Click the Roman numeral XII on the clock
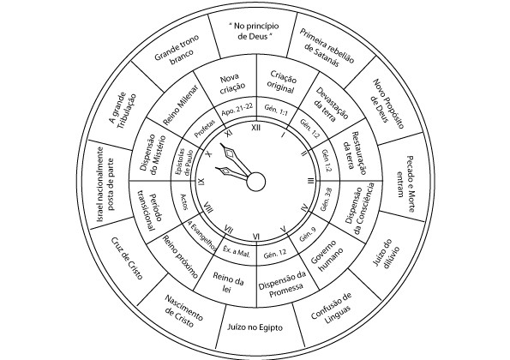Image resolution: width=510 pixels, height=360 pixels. coord(256,128)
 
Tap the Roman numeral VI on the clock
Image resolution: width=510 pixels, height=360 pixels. coord(256,237)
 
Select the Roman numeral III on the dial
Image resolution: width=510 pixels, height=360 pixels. coord(311,181)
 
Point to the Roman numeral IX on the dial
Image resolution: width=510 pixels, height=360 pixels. coord(201,182)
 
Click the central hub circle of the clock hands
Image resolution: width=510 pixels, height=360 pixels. coord(256,182)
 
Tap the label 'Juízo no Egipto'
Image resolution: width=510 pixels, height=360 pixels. coord(255,327)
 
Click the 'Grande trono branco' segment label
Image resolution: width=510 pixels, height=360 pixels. coord(177,50)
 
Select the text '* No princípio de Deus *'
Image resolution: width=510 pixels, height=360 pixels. coord(255,31)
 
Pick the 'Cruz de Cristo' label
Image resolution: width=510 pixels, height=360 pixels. coord(127,259)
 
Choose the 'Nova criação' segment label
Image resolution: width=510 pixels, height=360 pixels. coord(232,84)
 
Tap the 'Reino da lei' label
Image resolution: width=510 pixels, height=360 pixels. coord(228,282)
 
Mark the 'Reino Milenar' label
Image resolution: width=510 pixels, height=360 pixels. coord(180,105)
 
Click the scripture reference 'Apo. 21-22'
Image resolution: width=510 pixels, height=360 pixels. coord(237,110)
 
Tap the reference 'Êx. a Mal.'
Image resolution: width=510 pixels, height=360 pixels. coord(237,251)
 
